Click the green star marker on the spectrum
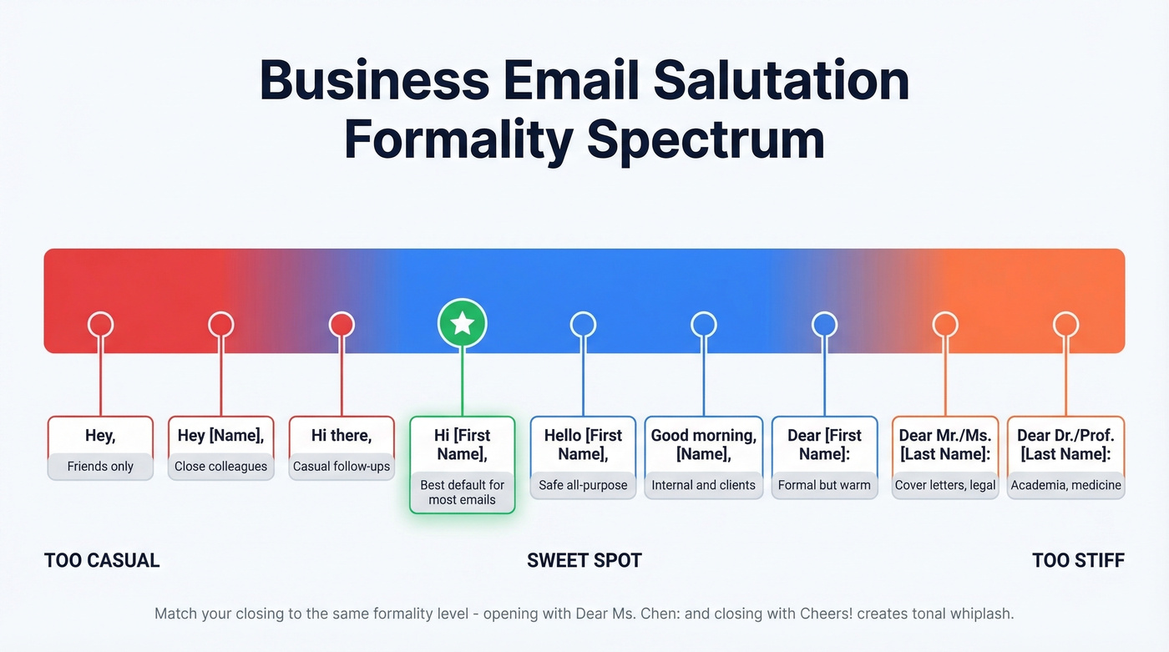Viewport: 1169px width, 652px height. click(462, 325)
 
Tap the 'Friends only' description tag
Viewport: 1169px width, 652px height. click(100, 466)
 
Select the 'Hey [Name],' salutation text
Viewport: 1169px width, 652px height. click(220, 436)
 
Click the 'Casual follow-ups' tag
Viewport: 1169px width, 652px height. click(342, 466)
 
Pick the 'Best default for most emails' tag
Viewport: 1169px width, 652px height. click(462, 492)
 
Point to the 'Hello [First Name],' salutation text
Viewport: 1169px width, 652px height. click(583, 444)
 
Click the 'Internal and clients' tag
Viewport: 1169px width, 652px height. click(703, 484)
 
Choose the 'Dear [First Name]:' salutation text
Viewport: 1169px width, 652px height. click(824, 444)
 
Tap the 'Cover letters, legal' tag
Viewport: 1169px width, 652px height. click(945, 484)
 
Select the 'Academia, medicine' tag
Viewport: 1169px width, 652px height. click(1065, 484)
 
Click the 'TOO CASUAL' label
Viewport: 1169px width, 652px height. click(102, 560)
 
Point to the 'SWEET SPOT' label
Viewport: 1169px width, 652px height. click(584, 560)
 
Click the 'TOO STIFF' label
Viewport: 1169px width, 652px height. click(1078, 560)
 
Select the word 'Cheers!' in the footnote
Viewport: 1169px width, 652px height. click(806, 614)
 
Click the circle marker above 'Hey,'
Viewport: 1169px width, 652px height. click(100, 325)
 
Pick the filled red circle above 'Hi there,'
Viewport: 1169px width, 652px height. click(342, 325)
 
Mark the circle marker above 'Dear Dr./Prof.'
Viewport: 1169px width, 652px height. click(1065, 325)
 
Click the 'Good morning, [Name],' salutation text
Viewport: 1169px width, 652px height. click(703, 444)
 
